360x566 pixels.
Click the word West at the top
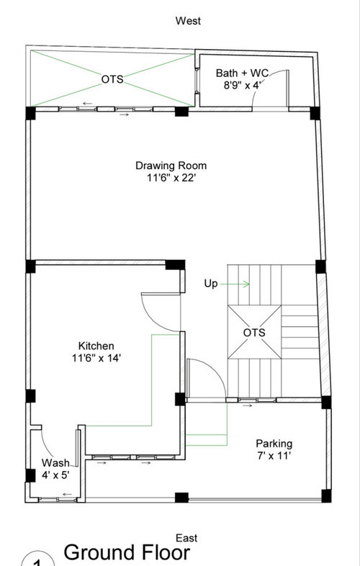(188, 22)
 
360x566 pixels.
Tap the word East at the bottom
(187, 538)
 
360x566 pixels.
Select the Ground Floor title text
(127, 553)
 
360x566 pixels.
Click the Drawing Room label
(166, 166)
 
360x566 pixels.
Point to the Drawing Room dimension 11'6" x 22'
(166, 178)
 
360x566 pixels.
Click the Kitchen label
(96, 346)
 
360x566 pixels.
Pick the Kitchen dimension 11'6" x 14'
(96, 358)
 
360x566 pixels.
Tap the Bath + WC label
(242, 73)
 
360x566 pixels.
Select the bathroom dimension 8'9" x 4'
(242, 86)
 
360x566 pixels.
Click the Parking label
(274, 444)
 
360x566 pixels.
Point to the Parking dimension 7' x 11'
(274, 456)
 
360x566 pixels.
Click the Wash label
(55, 462)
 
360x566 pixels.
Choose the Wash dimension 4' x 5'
(55, 475)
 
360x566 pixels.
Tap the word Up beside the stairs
(210, 284)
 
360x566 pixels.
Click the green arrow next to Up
(240, 284)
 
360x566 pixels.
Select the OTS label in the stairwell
(254, 333)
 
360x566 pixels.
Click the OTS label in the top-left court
(112, 79)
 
